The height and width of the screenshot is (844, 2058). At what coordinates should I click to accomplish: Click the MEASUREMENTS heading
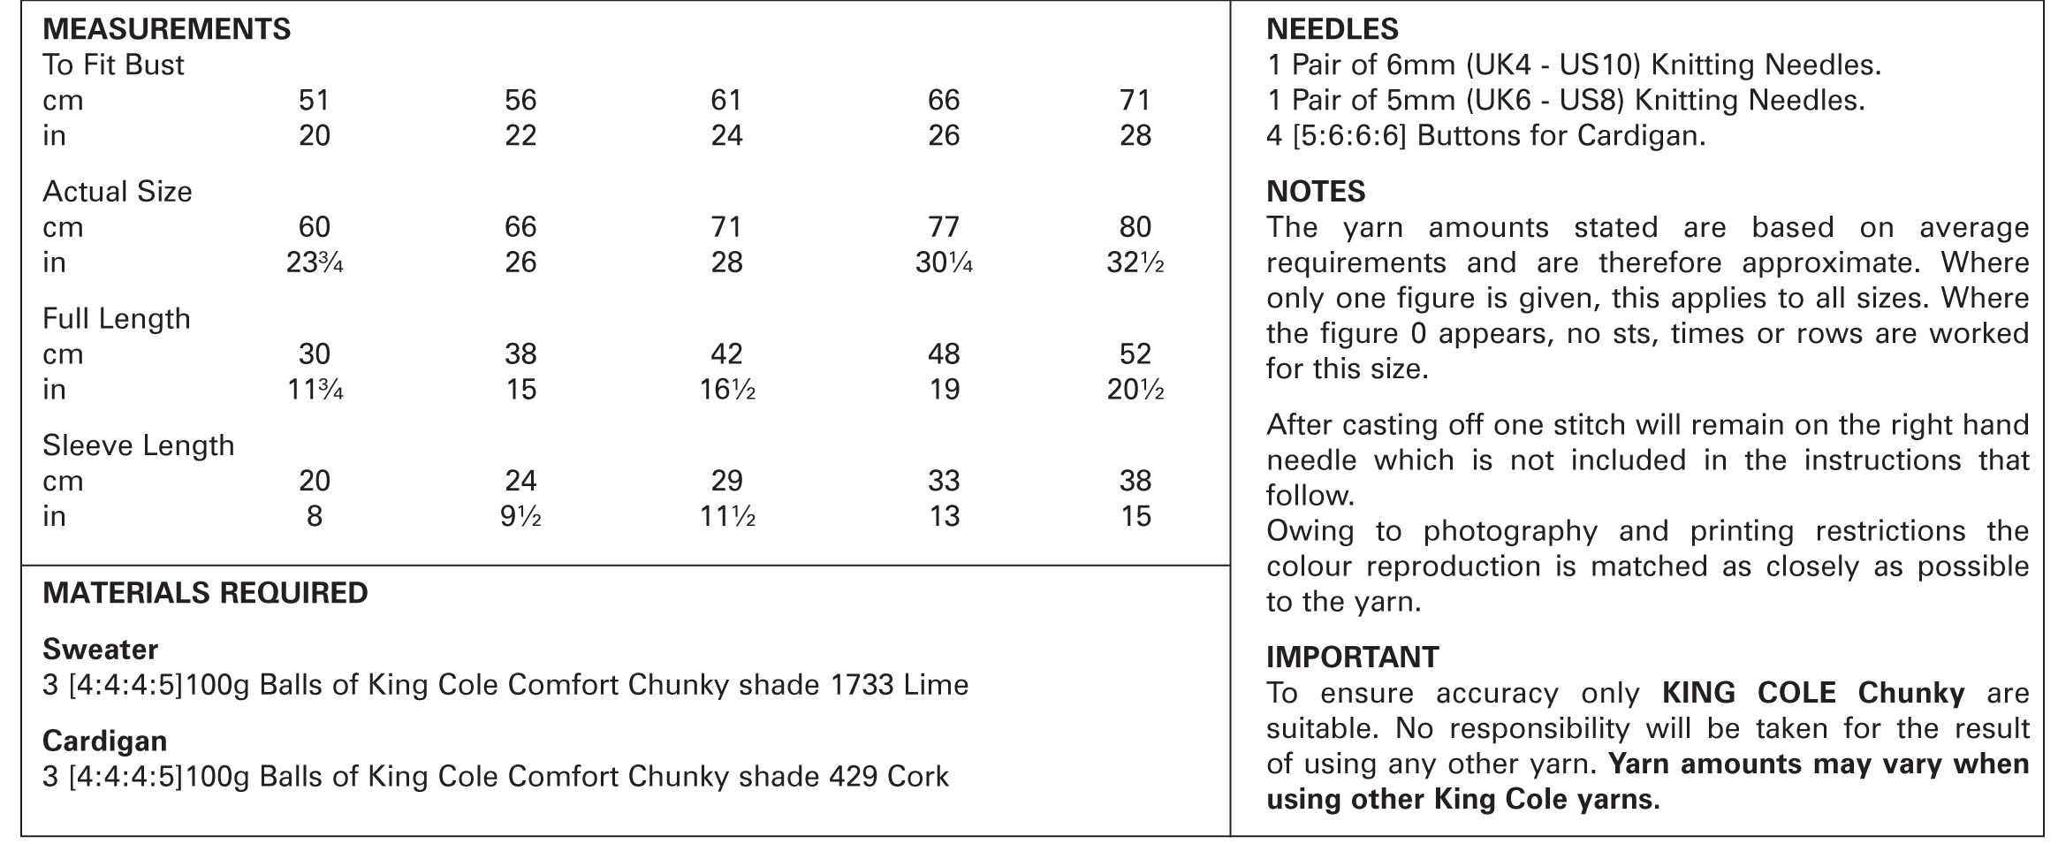pos(166,29)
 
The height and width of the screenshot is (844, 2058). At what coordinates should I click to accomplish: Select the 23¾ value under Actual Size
pos(314,262)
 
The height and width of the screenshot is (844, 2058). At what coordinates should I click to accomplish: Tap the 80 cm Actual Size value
pos(1135,227)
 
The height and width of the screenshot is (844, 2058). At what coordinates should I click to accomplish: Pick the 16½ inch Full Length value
pos(726,390)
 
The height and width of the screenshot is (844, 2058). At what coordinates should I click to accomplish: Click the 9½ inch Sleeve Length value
pos(520,516)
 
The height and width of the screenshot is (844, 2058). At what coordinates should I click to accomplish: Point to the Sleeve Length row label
pos(138,445)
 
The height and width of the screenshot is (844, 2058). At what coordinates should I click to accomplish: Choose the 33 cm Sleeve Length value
pos(943,481)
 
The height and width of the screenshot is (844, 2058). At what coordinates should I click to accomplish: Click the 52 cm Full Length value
pos(1135,354)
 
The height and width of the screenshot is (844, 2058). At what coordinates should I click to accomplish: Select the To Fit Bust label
pos(113,65)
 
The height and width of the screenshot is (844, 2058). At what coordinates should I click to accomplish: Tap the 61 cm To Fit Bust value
pos(726,100)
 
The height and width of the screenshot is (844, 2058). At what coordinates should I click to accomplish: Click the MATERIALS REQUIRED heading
pos(205,592)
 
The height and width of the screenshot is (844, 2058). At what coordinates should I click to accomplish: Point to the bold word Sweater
pos(100,650)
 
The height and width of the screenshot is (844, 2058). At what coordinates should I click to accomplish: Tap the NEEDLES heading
pos(1332,29)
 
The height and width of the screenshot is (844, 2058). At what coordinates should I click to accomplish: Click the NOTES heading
pos(1315,192)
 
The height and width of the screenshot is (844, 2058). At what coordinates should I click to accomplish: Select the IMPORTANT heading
pos(1352,658)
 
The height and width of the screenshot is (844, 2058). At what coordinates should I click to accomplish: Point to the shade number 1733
pos(862,685)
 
